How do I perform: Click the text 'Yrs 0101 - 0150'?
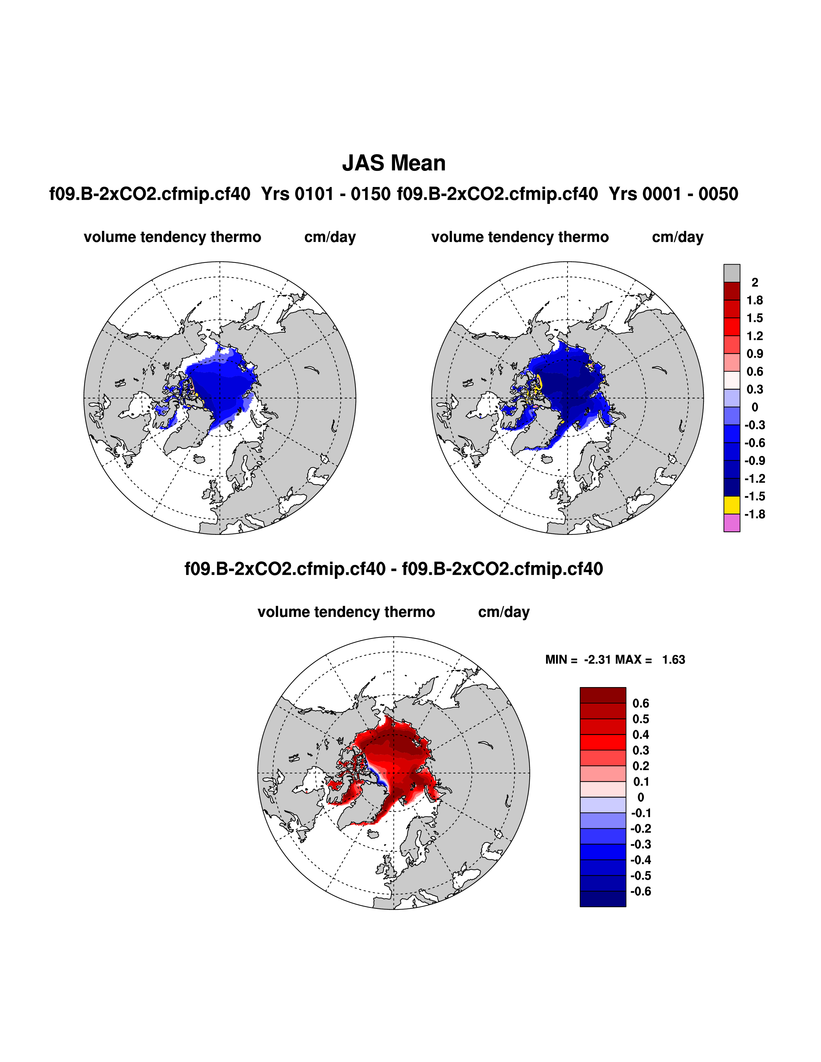pos(326,194)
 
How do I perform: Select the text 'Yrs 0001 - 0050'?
pos(673,194)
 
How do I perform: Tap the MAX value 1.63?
pos(673,659)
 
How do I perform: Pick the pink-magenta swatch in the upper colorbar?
pos(731,523)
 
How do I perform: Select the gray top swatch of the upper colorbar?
pos(731,273)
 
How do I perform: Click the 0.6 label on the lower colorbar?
pos(641,703)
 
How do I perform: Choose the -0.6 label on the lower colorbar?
pos(641,891)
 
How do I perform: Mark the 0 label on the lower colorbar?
pos(641,797)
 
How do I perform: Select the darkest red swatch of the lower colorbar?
pos(603,695)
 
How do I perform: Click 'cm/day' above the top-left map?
pos(330,237)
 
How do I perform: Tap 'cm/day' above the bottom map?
pos(504,612)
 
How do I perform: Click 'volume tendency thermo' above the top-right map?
pos(520,237)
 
